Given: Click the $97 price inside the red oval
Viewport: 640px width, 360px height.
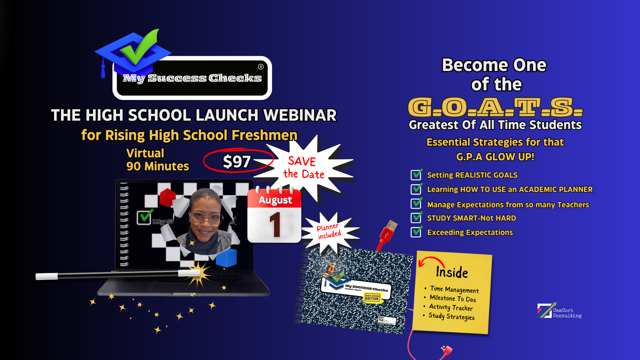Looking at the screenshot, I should (x=237, y=162).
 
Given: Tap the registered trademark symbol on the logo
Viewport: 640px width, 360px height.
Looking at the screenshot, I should (x=261, y=67).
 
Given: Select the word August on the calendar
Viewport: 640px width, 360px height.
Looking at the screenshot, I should (x=275, y=200).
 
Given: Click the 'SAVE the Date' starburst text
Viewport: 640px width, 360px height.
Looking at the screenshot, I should (x=303, y=168).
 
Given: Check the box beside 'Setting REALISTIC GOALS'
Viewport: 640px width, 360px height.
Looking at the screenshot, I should (x=416, y=175).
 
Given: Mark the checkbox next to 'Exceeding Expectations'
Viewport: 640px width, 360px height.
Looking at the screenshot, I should (x=416, y=232).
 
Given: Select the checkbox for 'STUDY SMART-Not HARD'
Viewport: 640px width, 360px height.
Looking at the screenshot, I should (x=416, y=218).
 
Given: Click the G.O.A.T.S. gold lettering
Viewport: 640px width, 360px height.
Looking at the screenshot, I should (x=495, y=107).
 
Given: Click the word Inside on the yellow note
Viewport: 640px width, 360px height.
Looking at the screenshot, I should (x=452, y=272).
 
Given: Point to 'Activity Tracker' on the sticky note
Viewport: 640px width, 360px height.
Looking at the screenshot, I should (x=451, y=307).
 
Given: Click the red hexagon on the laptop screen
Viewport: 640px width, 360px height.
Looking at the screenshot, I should (x=167, y=197).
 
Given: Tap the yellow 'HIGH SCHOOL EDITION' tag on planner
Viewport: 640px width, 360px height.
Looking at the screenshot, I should (x=372, y=297).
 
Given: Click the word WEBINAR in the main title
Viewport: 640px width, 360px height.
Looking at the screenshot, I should (x=300, y=115).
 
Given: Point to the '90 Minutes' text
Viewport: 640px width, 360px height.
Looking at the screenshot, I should (x=157, y=166).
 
